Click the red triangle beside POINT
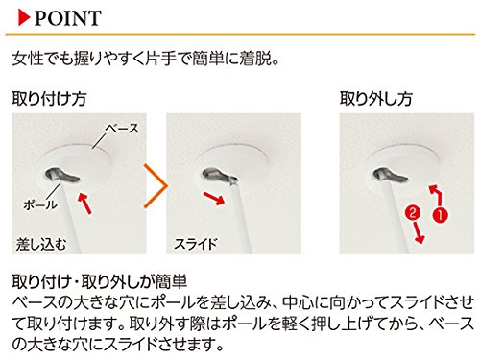(x=24, y=17)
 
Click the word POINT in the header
(x=68, y=18)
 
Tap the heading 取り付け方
(x=49, y=98)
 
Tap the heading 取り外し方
(x=375, y=98)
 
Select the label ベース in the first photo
(x=122, y=129)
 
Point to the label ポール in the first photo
(x=40, y=204)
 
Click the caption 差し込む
(x=41, y=245)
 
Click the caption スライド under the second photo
(x=196, y=244)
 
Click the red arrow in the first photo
(x=84, y=203)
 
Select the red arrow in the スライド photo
(x=214, y=198)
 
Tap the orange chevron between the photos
(x=156, y=186)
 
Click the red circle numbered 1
(x=441, y=215)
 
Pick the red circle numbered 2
(x=413, y=213)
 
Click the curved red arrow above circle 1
(x=437, y=194)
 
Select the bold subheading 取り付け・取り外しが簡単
(x=100, y=281)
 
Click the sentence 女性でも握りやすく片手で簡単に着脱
(x=146, y=59)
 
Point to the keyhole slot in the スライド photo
(x=219, y=176)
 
